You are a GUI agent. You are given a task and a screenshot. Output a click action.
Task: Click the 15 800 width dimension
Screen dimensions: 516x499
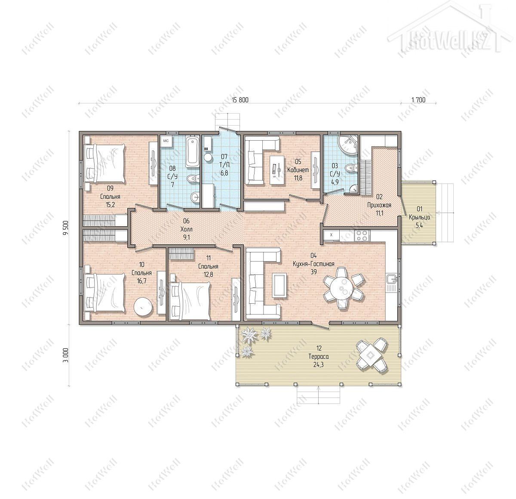pos(240,100)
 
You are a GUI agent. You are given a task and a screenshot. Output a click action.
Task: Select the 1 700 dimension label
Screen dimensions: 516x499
pos(418,100)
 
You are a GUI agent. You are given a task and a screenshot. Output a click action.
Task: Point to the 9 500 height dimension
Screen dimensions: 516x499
pos(66,228)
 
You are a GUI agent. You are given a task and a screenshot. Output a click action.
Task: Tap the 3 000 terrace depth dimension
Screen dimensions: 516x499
pos(66,355)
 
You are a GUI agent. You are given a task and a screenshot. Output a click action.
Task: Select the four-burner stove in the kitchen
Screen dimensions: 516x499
pos(362,235)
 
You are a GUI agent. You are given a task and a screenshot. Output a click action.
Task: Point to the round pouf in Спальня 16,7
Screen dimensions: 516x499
pos(143,307)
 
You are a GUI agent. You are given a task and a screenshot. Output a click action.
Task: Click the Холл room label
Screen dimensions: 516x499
pos(186,229)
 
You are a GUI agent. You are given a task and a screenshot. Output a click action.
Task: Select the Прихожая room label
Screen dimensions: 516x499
pos(379,205)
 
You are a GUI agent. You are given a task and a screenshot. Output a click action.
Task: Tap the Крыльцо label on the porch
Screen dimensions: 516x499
pos(419,217)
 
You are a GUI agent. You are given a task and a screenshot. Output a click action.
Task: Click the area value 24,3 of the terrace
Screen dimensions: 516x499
pos(319,365)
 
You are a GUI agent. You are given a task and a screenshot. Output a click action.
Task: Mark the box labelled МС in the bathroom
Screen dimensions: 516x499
pos(166,141)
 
